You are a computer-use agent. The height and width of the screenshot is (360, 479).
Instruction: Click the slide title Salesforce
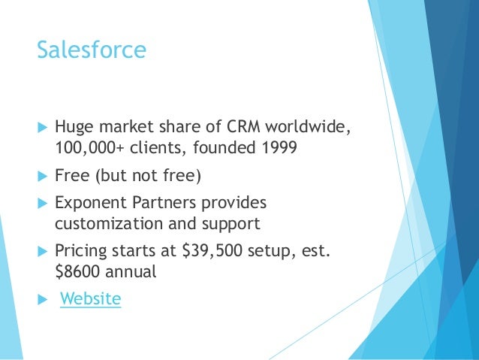91,51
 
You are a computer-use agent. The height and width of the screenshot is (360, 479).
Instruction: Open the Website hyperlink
90,299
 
